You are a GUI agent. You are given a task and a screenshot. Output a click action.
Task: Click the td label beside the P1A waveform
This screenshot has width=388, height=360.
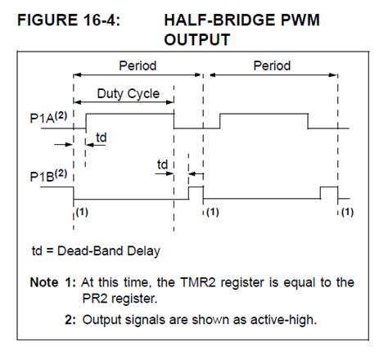click(102, 137)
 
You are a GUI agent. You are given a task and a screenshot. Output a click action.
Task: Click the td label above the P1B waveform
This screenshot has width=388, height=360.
click(163, 165)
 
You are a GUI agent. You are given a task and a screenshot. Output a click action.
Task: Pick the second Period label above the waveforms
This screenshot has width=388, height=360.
click(271, 66)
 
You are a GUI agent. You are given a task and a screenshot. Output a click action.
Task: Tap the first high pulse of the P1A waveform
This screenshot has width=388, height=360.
click(129, 115)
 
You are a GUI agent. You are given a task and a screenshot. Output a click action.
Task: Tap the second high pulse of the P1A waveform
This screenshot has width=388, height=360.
click(264, 115)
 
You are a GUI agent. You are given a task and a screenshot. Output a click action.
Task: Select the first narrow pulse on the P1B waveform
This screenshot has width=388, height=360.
click(195, 191)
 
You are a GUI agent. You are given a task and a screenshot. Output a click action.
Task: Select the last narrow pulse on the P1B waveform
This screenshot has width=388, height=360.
click(328, 191)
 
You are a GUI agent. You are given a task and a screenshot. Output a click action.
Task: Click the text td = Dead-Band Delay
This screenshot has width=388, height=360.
click(96, 250)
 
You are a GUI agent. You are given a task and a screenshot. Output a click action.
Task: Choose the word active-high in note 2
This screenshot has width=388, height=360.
click(270, 319)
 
